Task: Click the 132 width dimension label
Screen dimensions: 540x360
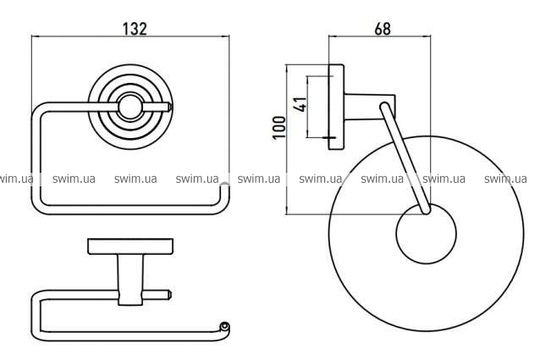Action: pyautogui.click(x=135, y=28)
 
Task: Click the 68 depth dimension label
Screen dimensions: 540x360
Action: pyautogui.click(x=383, y=28)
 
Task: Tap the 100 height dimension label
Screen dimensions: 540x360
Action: pyautogui.click(x=279, y=127)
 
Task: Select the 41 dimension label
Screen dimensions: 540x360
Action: pyautogui.click(x=300, y=104)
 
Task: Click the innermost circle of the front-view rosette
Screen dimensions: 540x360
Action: pyautogui.click(x=129, y=107)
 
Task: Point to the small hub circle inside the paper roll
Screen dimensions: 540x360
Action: pyautogui.click(x=426, y=234)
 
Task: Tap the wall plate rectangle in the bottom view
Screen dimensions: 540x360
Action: pyautogui.click(x=130, y=246)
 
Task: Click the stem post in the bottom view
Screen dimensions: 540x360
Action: pyautogui.click(x=130, y=280)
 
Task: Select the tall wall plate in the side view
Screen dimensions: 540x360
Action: pyautogui.click(x=336, y=107)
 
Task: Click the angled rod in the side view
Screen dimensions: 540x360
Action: pyautogui.click(x=405, y=158)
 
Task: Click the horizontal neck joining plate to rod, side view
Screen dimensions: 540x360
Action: pyautogui.click(x=369, y=107)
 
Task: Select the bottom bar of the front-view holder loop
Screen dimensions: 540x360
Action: pyautogui.click(x=130, y=210)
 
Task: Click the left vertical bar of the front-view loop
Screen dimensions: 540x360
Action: pyautogui.click(x=36, y=158)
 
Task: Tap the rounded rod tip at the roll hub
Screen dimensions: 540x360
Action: pyautogui.click(x=426, y=210)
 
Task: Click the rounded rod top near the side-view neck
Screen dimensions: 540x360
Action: pyautogui.click(x=384, y=107)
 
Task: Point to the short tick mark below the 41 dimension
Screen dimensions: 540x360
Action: pyautogui.click(x=328, y=138)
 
